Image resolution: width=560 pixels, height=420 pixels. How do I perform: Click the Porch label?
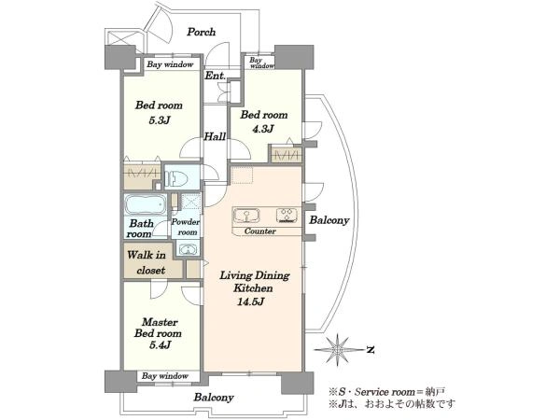pos(202,32)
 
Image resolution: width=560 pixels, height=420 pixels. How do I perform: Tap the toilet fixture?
pos(176,176)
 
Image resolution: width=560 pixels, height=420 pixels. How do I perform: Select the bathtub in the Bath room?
pos(146,204)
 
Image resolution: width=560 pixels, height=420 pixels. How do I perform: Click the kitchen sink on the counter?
pos(246,217)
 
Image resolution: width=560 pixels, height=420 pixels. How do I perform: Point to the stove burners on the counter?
pos(287,216)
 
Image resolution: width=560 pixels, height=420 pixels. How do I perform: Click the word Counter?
pos(260,231)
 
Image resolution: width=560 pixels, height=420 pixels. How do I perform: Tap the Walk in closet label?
pos(147,262)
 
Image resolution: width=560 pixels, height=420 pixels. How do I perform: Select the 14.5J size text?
pos(251,302)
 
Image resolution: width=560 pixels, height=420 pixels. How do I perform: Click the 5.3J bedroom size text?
pos(159,120)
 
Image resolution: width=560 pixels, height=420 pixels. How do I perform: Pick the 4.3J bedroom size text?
pos(263,129)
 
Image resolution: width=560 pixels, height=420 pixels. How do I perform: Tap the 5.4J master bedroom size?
pos(158,345)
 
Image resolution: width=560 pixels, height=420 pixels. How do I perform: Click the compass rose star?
pos(337,349)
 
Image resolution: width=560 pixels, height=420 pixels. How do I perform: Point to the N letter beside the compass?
pos(371,350)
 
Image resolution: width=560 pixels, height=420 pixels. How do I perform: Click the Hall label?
pos(215,136)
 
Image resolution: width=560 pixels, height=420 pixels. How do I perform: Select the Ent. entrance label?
pos(215,76)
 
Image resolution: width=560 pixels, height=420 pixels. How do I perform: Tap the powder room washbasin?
pos(188,249)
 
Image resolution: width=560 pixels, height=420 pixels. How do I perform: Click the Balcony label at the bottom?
pos(214,398)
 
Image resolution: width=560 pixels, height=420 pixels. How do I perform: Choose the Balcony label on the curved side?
pos(329,220)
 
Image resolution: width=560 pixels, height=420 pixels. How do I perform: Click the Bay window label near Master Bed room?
pos(164,376)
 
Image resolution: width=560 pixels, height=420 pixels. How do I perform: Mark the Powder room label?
pos(186,227)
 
